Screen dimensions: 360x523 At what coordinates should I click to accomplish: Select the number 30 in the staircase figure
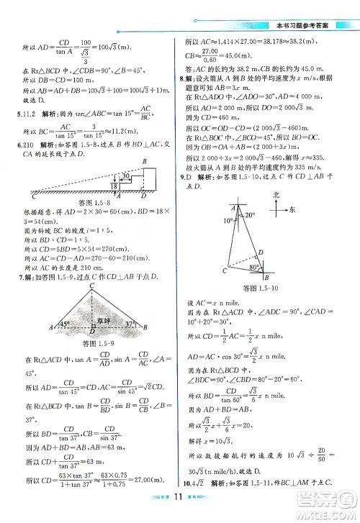(105, 175)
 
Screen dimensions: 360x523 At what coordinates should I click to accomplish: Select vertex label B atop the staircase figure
(145, 161)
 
